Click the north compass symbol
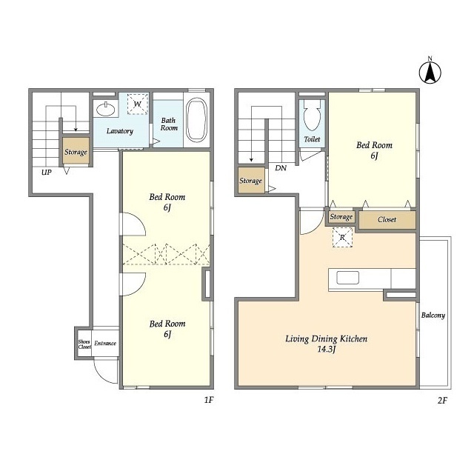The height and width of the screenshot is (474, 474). [x=430, y=72]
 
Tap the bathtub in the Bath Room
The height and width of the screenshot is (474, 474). [x=196, y=120]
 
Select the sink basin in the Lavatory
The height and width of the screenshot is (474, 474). [x=105, y=109]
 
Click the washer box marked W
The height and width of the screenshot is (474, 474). [x=138, y=104]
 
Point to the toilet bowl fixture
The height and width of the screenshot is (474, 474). [x=312, y=115]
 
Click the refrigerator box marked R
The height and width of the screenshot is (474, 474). [x=342, y=238]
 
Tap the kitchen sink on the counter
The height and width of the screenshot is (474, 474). [x=347, y=278]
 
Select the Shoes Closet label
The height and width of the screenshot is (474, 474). [x=84, y=344]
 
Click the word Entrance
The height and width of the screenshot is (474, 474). [x=105, y=343]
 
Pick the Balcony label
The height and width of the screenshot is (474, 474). [x=433, y=316]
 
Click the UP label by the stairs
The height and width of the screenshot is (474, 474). [x=47, y=173]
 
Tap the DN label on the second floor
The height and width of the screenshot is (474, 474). [x=281, y=168]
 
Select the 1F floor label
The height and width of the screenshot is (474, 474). [x=209, y=400]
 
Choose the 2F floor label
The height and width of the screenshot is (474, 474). [x=442, y=401]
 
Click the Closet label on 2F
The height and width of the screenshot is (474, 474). [x=387, y=219]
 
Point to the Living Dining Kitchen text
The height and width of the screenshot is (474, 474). [x=327, y=339]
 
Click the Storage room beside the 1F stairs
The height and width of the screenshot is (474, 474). [x=76, y=151]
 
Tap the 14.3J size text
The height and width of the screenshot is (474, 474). [x=327, y=349]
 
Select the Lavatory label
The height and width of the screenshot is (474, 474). [x=120, y=131]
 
